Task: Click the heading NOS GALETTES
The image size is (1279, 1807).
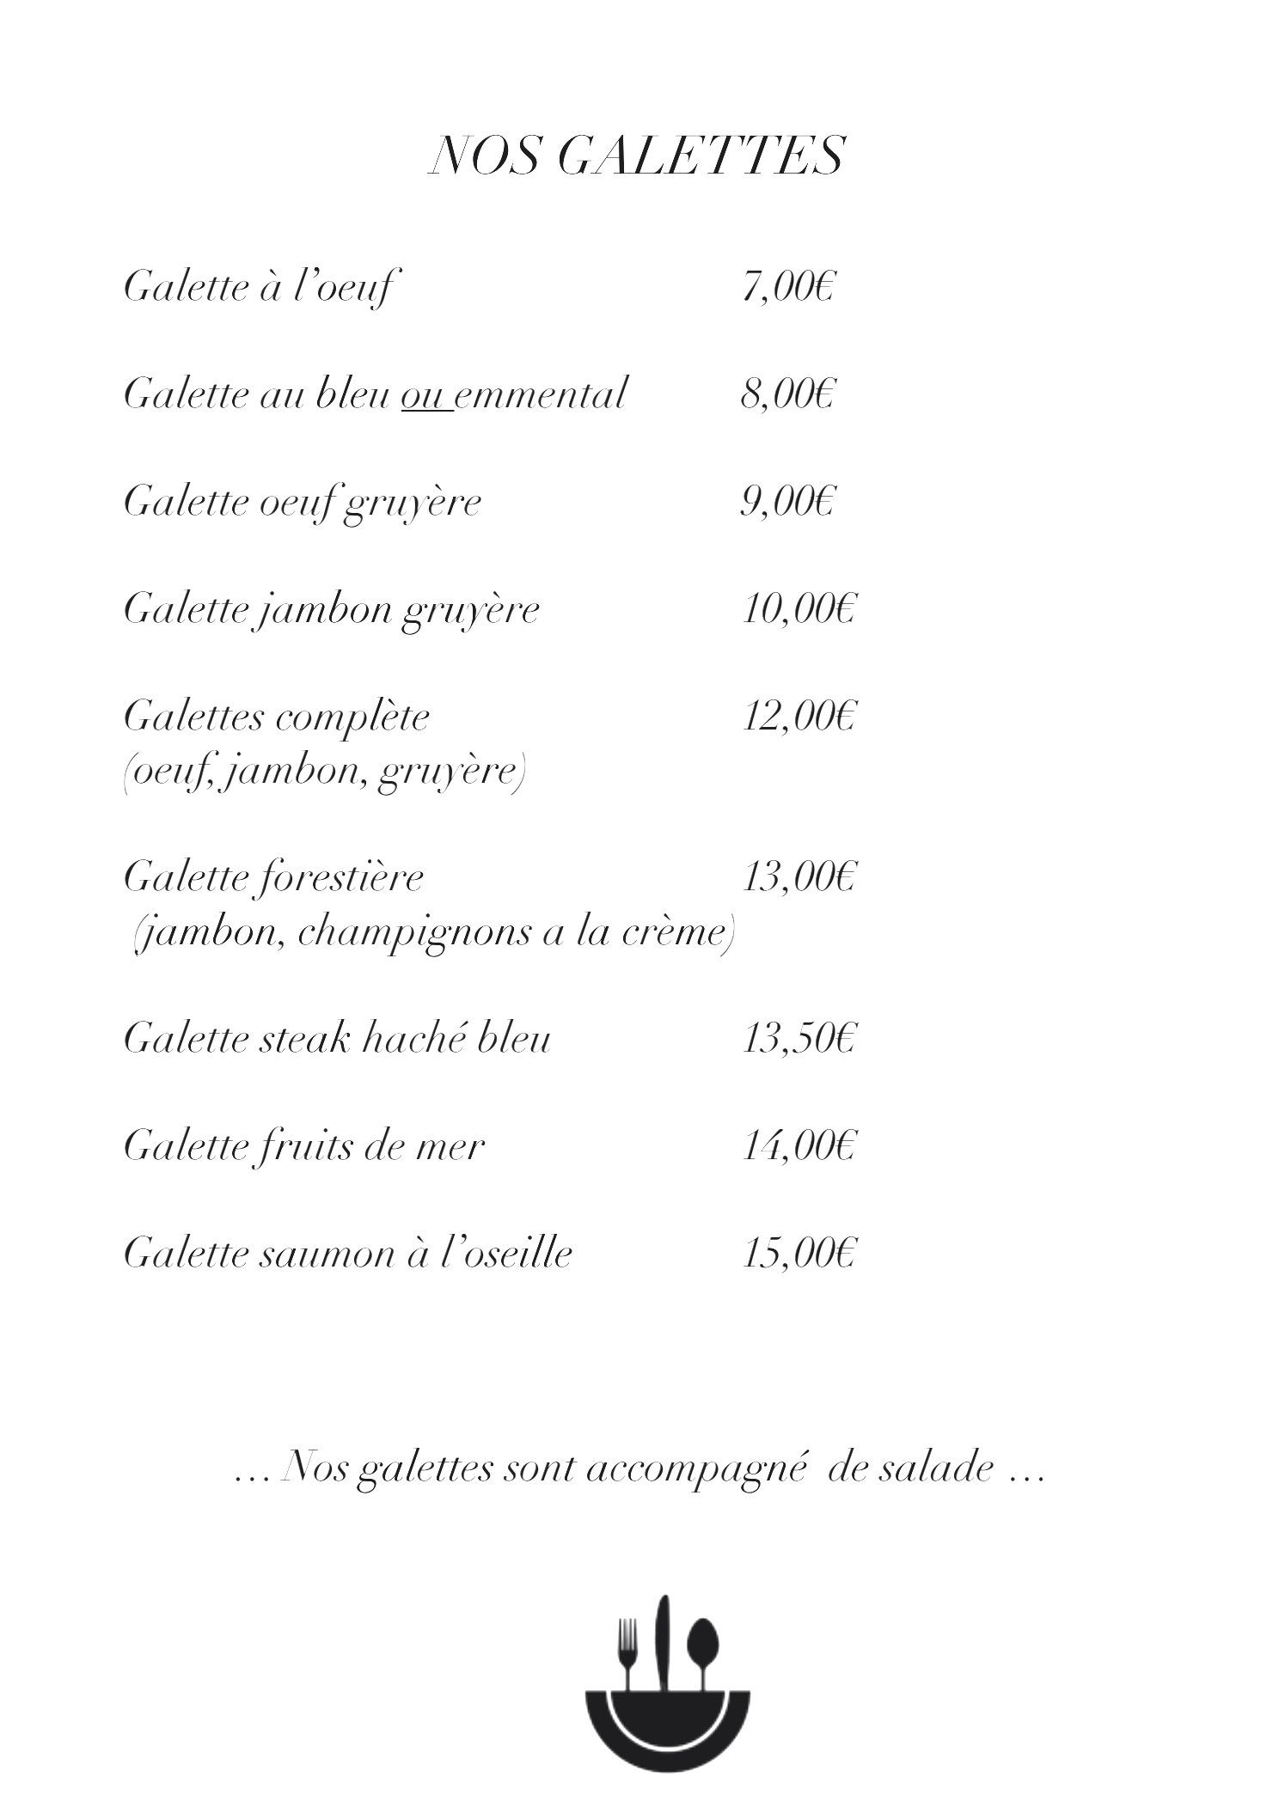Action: click(x=636, y=156)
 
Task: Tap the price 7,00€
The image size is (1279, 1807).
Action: click(x=788, y=287)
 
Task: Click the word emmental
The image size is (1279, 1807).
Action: click(x=542, y=394)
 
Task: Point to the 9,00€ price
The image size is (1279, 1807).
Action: click(x=788, y=502)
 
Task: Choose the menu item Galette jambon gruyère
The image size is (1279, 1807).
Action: click(x=332, y=610)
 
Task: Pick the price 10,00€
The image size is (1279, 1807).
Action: click(x=799, y=610)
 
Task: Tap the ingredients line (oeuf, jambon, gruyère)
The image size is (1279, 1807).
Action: click(x=324, y=772)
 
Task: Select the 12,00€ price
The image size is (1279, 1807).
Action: click(x=799, y=717)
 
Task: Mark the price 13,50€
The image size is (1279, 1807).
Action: click(x=799, y=1040)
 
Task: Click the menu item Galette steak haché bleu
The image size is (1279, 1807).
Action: click(x=337, y=1040)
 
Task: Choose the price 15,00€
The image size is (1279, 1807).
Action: click(x=799, y=1255)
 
